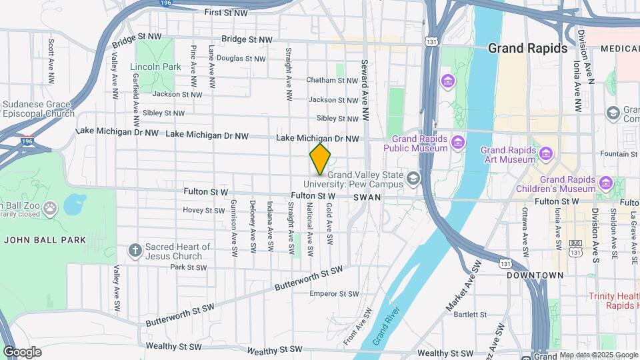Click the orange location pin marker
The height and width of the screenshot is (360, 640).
coord(320,159)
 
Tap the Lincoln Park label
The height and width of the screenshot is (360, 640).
coord(156,67)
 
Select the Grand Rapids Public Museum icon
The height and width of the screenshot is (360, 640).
coord(457,142)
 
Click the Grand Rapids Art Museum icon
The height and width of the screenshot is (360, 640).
coord(546,155)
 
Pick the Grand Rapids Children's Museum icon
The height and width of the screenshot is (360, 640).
coord(605,183)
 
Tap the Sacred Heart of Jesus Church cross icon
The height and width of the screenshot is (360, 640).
coord(135,251)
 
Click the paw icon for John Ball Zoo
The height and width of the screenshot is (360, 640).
coord(51,209)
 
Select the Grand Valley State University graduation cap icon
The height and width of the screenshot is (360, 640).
coord(413,178)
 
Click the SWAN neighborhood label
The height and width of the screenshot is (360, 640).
coord(367,197)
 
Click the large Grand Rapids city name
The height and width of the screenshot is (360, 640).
coord(527,48)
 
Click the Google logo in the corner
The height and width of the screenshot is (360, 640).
coord(22,352)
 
